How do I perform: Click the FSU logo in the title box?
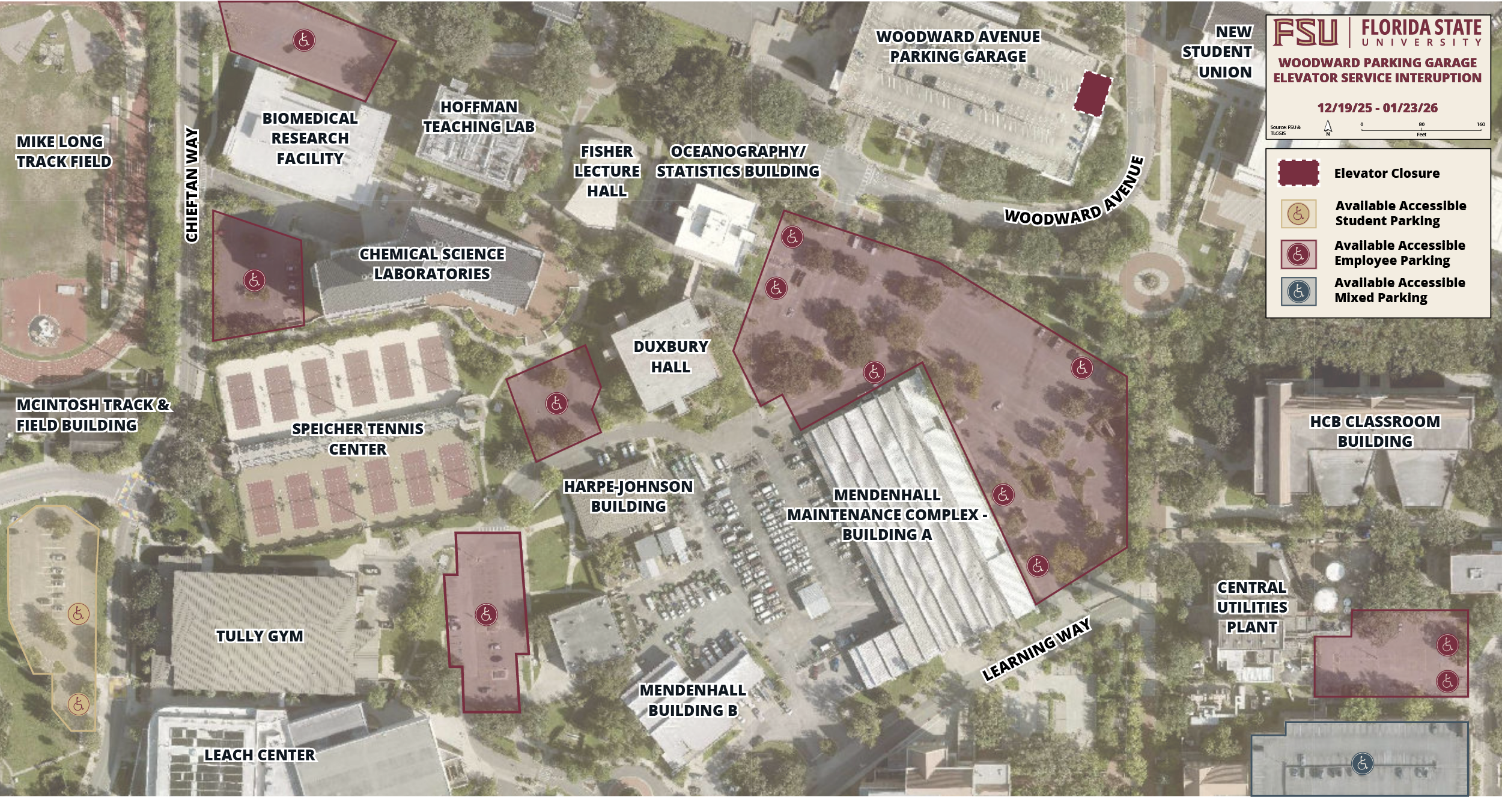[1306, 32]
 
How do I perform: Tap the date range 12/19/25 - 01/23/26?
[1377, 108]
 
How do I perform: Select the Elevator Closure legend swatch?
[1298, 173]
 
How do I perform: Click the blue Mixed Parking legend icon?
[1298, 291]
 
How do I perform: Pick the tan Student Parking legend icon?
[1298, 214]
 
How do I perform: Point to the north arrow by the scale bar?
[1328, 127]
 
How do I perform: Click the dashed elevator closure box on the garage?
[1092, 94]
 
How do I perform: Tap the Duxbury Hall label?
[670, 357]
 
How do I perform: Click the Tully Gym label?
[260, 636]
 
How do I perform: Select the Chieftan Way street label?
[192, 185]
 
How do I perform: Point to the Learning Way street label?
[1036, 650]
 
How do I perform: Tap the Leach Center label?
[260, 755]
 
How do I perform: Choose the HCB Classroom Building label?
[1375, 431]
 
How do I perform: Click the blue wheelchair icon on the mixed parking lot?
[1362, 763]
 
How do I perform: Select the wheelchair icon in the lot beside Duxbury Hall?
[556, 403]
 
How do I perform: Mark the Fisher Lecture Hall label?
[607, 171]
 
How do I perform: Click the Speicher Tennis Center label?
[357, 439]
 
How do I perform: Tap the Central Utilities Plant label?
[1252, 607]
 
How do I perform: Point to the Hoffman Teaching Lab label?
[479, 117]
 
